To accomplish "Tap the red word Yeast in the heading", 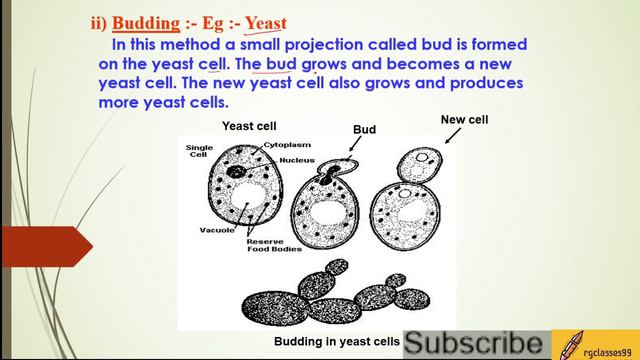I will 265,22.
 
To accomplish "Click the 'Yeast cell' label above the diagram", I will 249,126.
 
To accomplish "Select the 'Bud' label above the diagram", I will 364,130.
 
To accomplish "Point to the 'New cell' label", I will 464,120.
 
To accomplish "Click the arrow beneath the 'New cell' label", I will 449,138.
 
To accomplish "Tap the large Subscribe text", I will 476,343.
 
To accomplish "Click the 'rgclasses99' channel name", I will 609,344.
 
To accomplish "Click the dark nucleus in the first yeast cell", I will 237,173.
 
